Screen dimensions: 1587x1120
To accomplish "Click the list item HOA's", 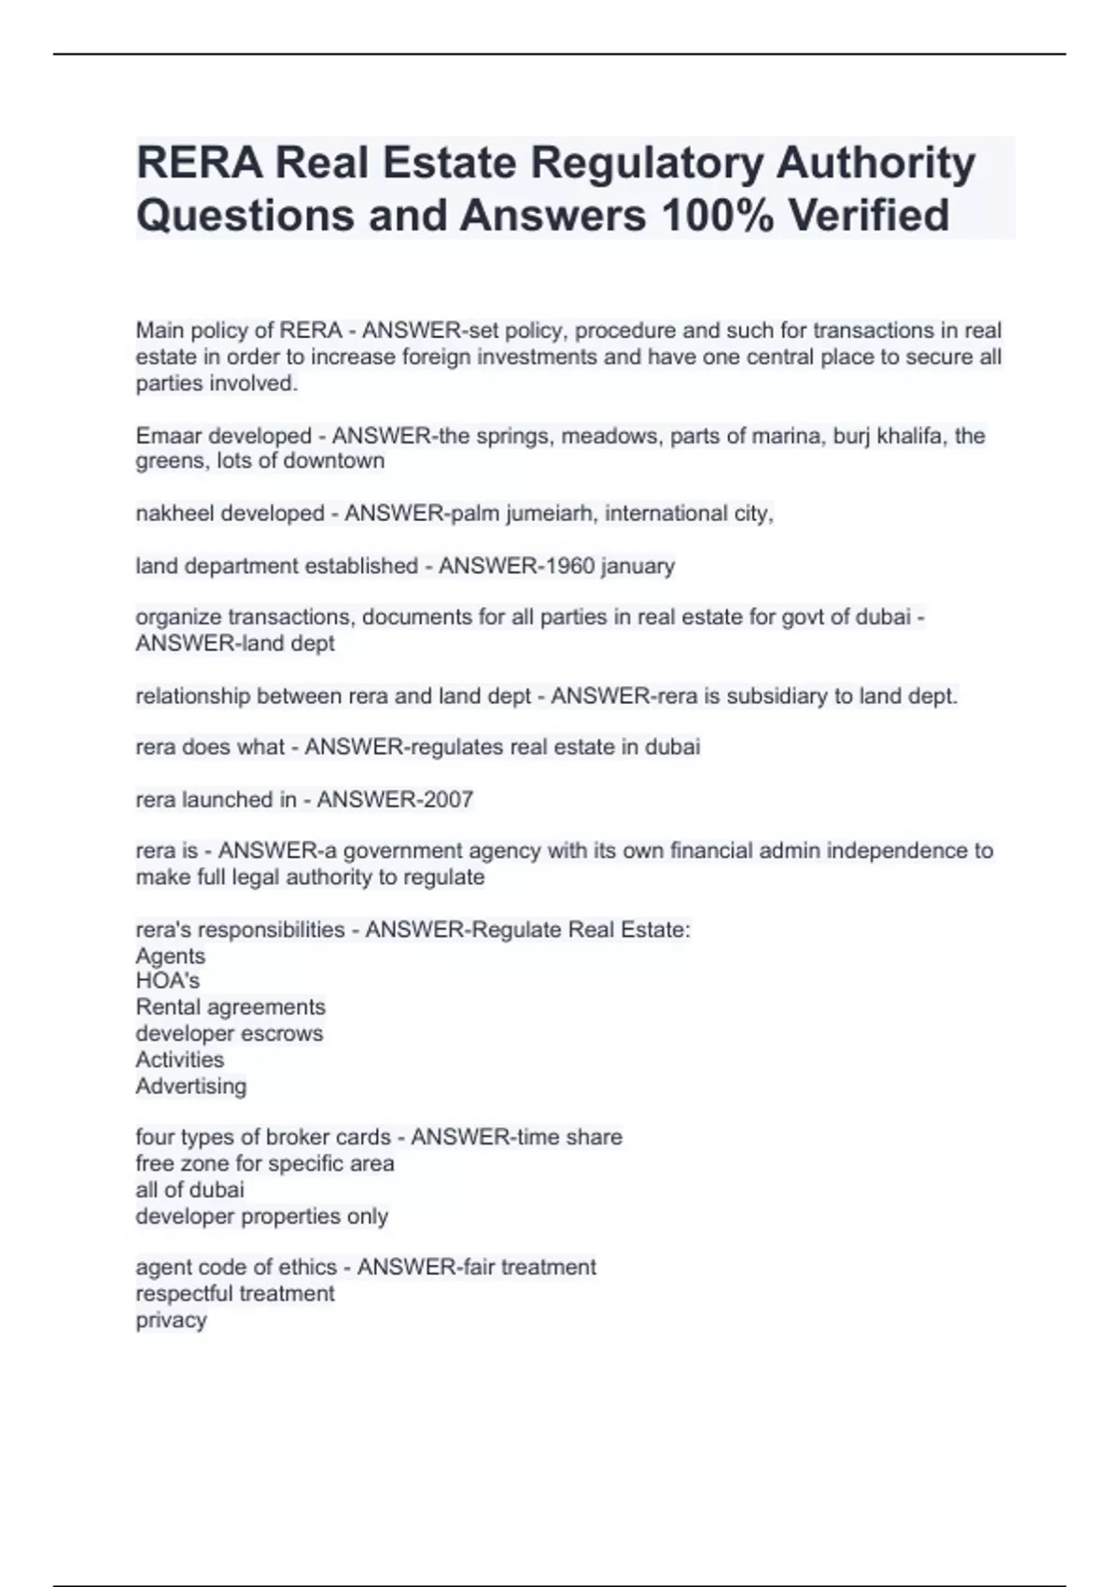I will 168,981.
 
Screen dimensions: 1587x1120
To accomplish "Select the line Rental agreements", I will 231,1007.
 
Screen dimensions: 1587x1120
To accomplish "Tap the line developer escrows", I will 230,1033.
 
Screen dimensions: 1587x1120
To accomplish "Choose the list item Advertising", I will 191,1086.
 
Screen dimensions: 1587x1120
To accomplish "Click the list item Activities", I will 180,1060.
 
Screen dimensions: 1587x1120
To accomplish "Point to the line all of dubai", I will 189,1190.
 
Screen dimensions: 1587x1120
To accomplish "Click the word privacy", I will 171,1320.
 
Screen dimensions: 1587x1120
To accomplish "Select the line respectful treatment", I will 235,1294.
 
